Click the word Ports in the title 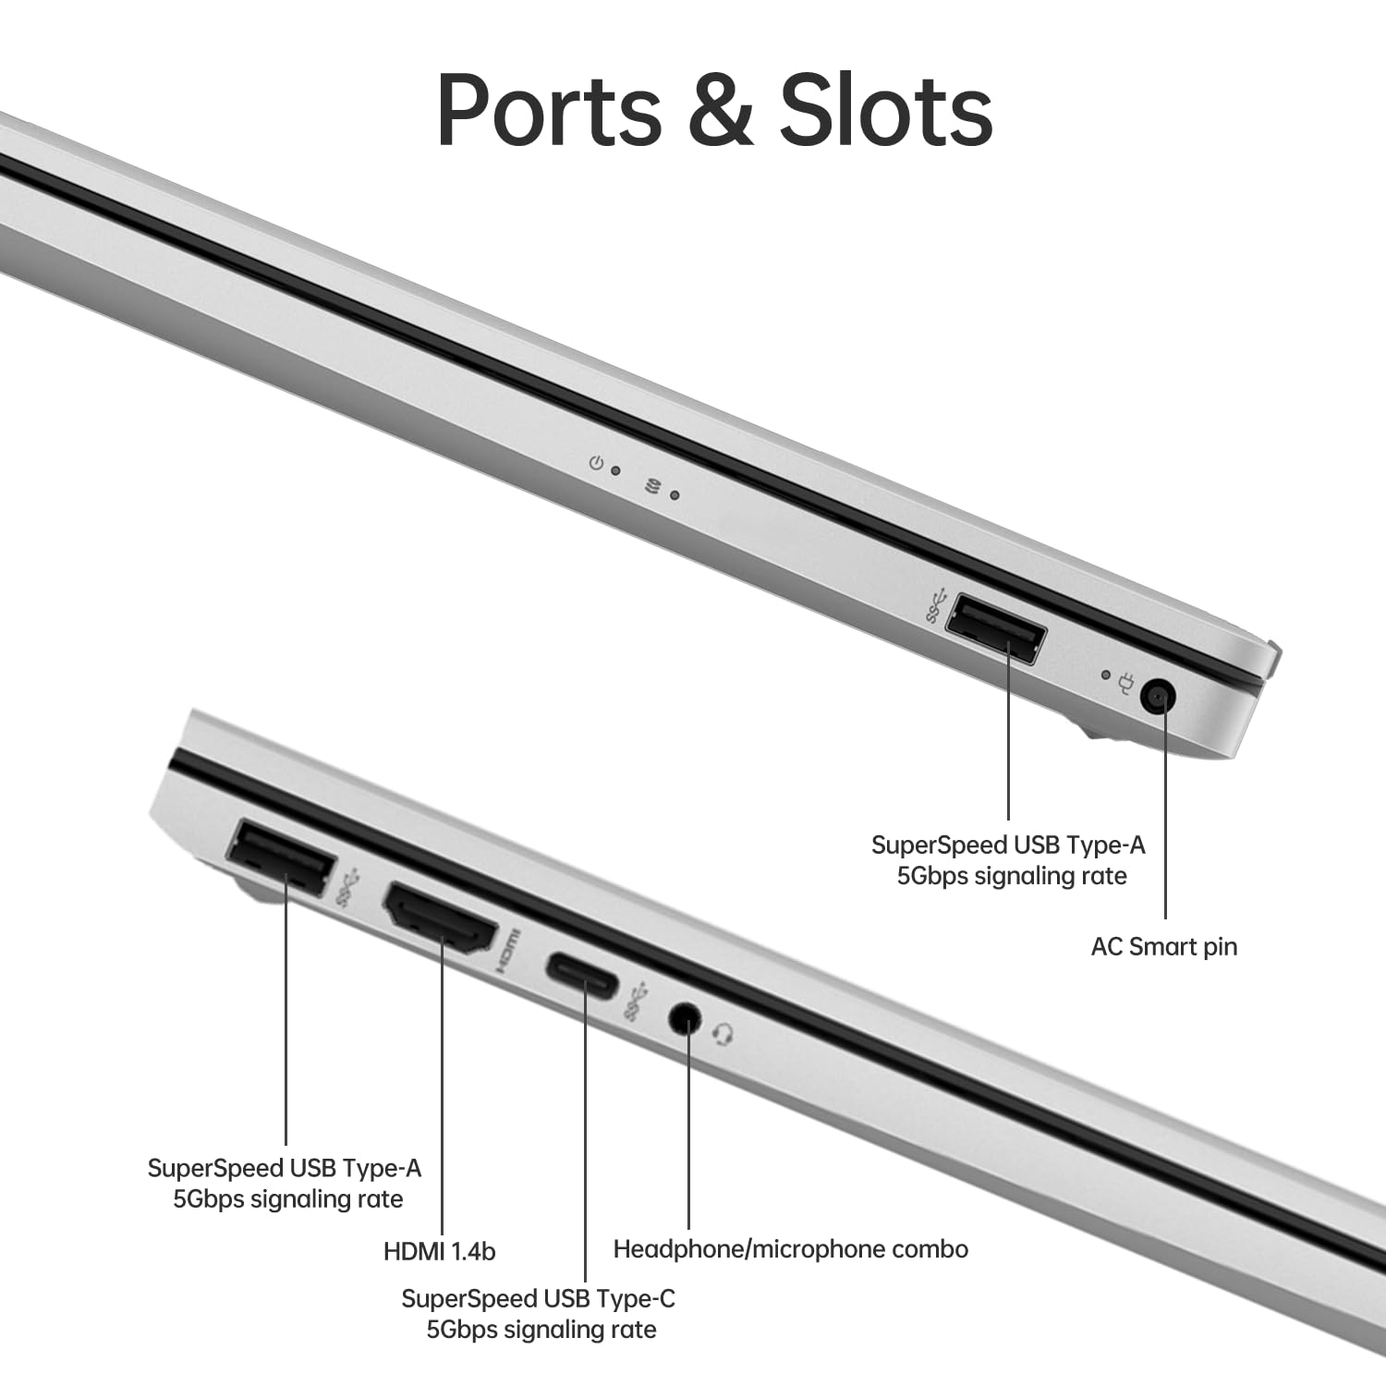tap(550, 111)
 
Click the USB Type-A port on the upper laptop tap(997, 629)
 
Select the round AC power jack tap(1158, 696)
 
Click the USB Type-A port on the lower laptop tap(280, 857)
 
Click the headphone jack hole tap(684, 1019)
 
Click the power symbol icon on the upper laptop tap(597, 462)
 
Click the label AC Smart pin tap(1163, 947)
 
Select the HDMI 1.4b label tap(439, 1252)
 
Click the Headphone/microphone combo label tap(790, 1249)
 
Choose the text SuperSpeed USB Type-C tap(538, 1299)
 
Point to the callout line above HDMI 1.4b tap(442, 1090)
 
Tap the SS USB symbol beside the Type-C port tap(635, 1004)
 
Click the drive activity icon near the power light tap(653, 487)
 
